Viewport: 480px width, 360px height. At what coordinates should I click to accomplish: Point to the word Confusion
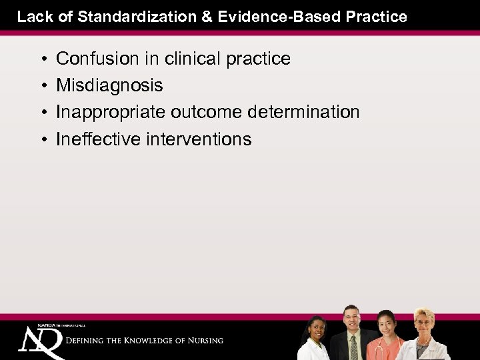[x=93, y=59]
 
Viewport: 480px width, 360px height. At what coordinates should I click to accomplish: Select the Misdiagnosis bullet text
[x=109, y=85]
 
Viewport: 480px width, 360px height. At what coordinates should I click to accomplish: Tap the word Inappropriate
[x=111, y=113]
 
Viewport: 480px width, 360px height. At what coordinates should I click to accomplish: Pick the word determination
[x=303, y=112]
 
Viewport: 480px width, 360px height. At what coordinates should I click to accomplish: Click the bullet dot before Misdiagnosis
[x=42, y=86]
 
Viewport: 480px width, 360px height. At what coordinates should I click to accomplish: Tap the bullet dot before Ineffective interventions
[x=42, y=139]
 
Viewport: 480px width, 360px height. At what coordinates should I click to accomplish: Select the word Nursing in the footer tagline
[x=203, y=340]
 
